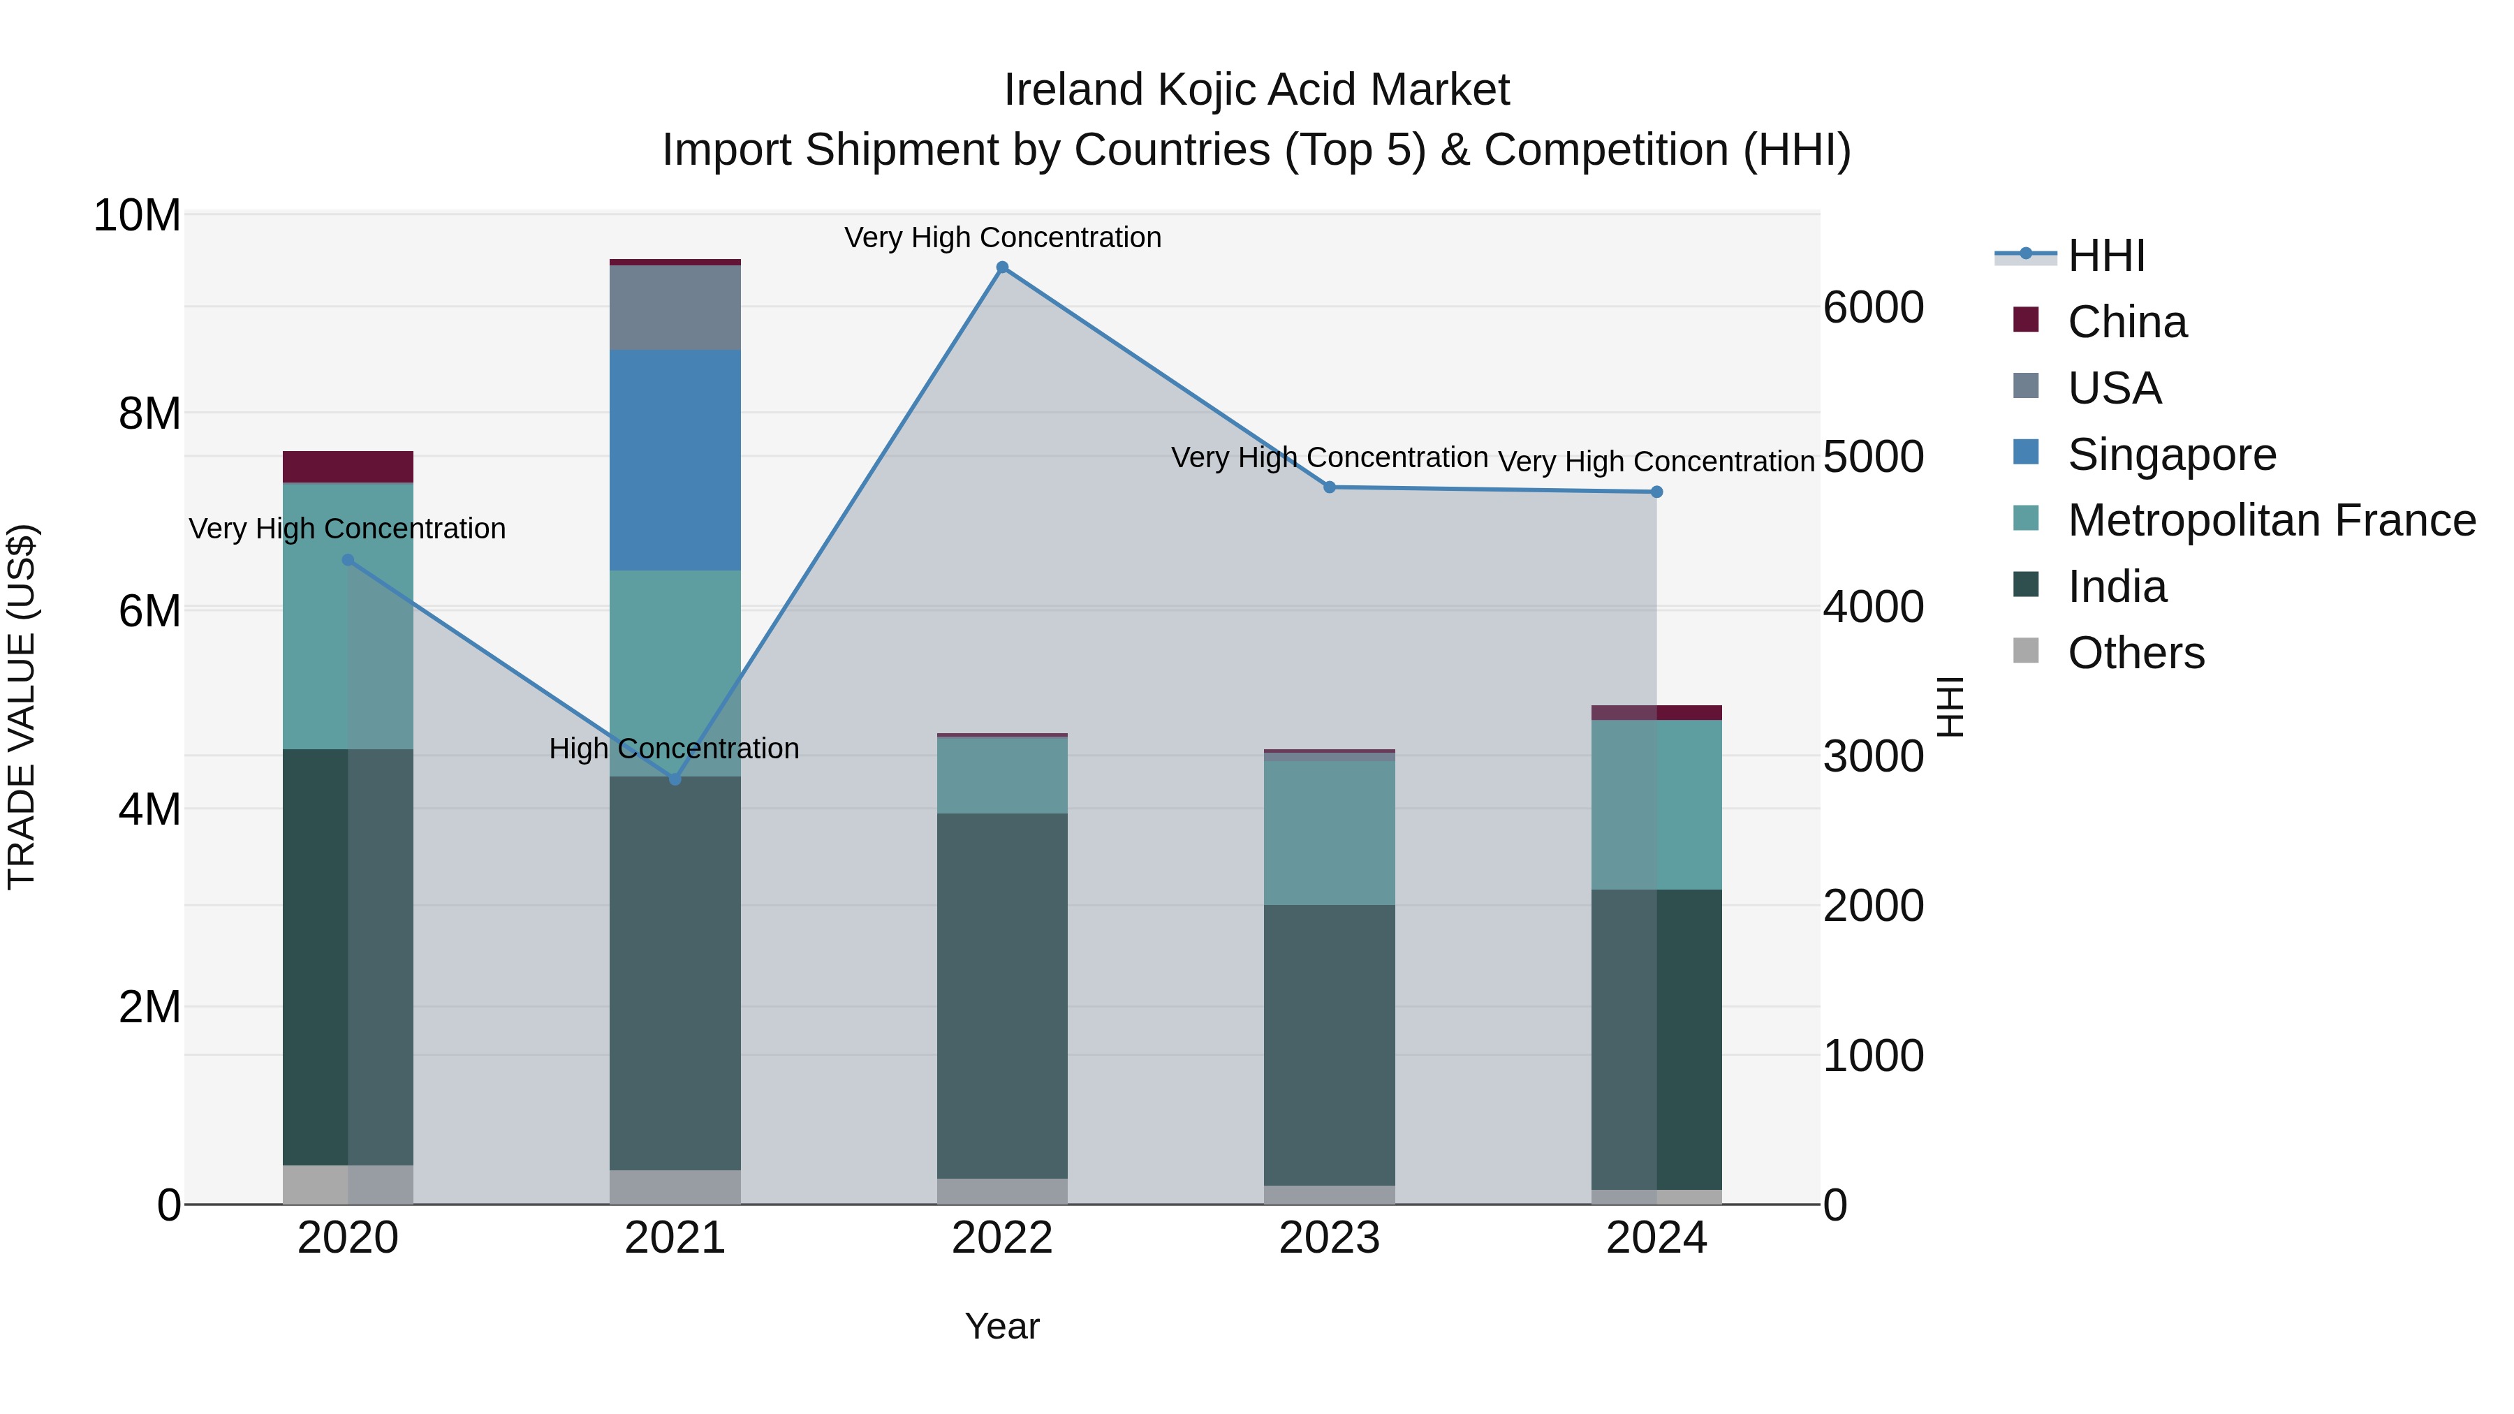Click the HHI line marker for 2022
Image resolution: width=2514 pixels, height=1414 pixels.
click(1002, 267)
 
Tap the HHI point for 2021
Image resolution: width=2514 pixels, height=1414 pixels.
click(675, 780)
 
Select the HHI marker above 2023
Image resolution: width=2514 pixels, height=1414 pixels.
click(1329, 487)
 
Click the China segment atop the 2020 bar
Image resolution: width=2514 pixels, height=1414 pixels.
click(348, 466)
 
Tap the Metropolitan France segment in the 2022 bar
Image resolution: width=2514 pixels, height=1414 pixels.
click(1002, 776)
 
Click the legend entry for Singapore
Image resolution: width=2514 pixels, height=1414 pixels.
click(2171, 455)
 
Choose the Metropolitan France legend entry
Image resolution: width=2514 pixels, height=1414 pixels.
click(2271, 521)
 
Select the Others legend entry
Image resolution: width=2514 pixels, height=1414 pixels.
click(2136, 653)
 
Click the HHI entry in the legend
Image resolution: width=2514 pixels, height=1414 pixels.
click(2106, 256)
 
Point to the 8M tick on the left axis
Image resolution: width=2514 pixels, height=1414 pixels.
click(149, 414)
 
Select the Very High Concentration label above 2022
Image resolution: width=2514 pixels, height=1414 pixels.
click(1002, 237)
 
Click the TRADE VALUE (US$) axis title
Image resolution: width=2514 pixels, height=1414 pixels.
click(22, 707)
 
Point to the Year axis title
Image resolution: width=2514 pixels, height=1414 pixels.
click(1002, 1326)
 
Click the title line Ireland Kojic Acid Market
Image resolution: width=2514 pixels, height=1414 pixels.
click(1256, 90)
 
